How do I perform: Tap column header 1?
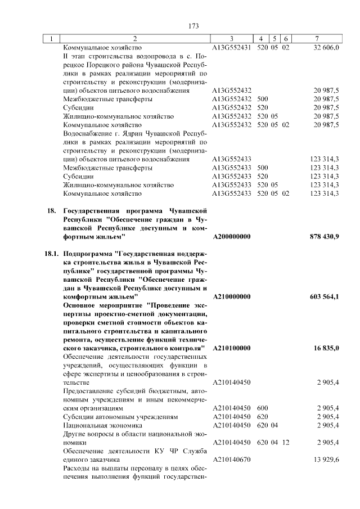51,39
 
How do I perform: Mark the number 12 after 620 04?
286,443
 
